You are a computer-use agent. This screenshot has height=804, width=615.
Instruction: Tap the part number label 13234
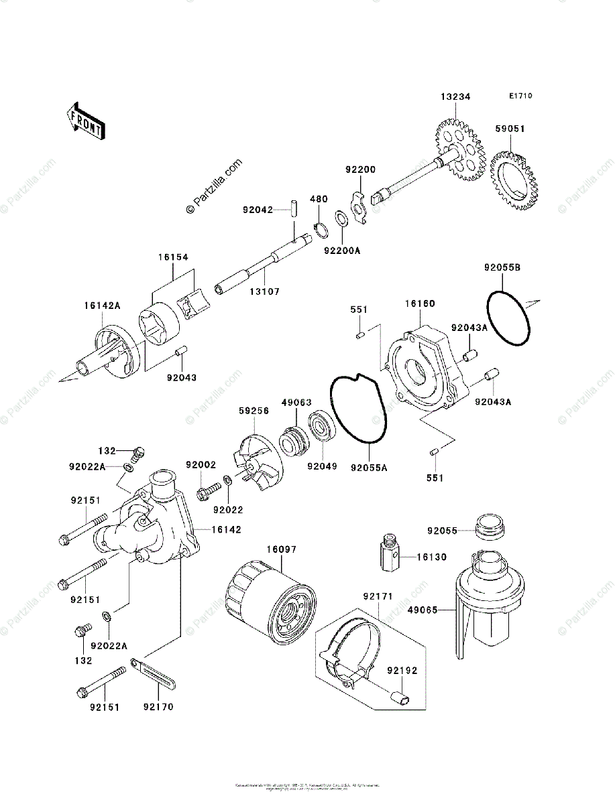tap(455, 97)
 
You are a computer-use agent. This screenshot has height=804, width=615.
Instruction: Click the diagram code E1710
tap(520, 96)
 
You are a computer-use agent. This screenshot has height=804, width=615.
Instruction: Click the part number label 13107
tap(266, 291)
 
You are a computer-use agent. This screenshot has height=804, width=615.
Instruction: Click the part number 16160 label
tap(420, 304)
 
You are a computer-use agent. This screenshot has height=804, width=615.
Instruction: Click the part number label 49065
tap(423, 610)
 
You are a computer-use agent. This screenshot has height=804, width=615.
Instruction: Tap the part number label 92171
tap(378, 596)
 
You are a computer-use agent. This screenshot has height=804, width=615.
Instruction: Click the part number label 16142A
tap(102, 306)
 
